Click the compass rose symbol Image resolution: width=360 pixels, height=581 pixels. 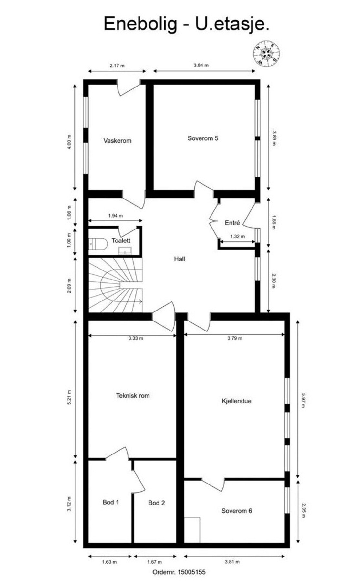point(266,54)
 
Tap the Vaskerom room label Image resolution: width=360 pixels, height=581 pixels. point(117,141)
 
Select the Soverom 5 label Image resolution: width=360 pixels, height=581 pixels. point(203,138)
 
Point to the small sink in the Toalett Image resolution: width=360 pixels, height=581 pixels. point(124,250)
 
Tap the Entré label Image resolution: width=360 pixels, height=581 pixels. point(232,223)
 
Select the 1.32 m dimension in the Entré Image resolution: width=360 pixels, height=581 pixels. point(237,236)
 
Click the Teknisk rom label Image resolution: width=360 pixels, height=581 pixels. point(133,396)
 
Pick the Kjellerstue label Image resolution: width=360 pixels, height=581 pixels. point(236,401)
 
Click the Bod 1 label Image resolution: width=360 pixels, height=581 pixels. point(110,502)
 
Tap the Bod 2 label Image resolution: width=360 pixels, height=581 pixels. point(156,503)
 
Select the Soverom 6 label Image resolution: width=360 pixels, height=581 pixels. point(236,511)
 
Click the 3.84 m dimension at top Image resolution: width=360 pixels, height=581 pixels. point(201,65)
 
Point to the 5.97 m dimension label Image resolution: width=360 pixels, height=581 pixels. point(303,400)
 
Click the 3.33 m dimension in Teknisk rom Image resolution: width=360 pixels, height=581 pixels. point(135,338)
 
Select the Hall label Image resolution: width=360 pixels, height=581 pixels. point(180,259)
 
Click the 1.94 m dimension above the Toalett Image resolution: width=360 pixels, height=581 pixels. point(116,216)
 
